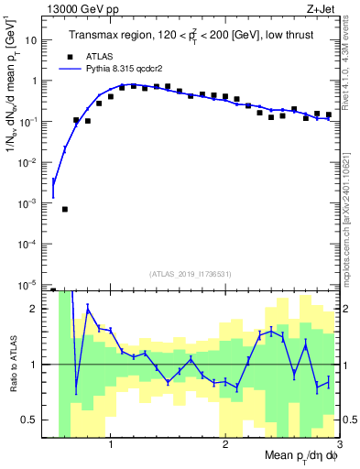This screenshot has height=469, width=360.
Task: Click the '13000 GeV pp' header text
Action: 84,10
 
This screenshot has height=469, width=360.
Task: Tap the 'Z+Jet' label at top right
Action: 322,10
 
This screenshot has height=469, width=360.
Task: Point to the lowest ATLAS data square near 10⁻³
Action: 65,210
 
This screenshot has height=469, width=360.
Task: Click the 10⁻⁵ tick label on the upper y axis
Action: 30,284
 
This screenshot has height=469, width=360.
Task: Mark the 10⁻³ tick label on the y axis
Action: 30,202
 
